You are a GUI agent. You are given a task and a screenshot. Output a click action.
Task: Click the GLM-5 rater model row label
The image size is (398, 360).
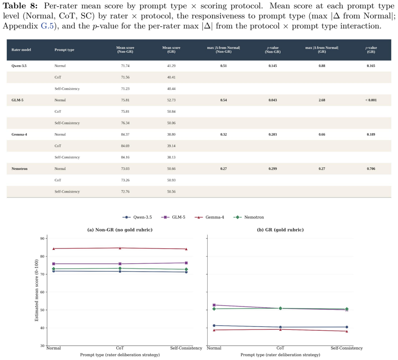click(x=17, y=100)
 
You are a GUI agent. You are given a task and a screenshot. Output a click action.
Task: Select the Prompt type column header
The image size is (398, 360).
click(x=64, y=50)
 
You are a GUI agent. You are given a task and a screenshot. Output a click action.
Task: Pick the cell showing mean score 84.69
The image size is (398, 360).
click(x=125, y=146)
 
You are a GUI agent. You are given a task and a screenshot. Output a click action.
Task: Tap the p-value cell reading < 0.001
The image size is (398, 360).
click(x=371, y=100)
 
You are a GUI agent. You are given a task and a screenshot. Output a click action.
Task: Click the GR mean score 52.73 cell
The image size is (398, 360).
click(x=171, y=100)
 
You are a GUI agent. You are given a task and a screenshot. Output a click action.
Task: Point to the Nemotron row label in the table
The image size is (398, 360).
click(x=19, y=169)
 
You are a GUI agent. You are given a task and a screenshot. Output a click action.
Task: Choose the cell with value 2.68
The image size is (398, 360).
click(x=322, y=100)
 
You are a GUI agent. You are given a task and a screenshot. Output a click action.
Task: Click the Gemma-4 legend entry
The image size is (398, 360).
click(x=209, y=217)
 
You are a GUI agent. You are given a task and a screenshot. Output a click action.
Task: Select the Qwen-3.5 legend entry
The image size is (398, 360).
click(x=137, y=217)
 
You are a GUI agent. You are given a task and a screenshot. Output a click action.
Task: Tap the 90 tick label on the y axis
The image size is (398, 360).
click(x=42, y=238)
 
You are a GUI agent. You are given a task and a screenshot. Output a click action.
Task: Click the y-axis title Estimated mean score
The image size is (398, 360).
click(x=36, y=290)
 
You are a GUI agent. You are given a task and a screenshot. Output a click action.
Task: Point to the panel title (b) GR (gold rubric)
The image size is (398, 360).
click(x=280, y=230)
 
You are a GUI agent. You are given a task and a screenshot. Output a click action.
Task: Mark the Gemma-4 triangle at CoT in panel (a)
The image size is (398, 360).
click(x=120, y=248)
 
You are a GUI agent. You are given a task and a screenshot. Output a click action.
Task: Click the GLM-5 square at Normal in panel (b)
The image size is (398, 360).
click(x=214, y=305)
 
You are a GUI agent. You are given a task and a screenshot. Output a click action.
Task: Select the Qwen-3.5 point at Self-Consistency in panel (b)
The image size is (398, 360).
click(x=347, y=327)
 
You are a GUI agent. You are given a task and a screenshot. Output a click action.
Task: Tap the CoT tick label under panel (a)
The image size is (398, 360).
click(x=120, y=348)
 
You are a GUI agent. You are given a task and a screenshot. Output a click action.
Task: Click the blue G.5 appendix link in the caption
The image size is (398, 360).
click(x=47, y=26)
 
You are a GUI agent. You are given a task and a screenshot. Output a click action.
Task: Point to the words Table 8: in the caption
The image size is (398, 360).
click(x=20, y=6)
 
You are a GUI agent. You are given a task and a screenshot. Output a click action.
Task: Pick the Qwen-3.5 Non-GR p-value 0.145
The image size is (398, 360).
click(x=272, y=66)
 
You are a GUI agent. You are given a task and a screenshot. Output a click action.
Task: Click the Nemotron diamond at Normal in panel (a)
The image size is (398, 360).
click(x=54, y=269)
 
